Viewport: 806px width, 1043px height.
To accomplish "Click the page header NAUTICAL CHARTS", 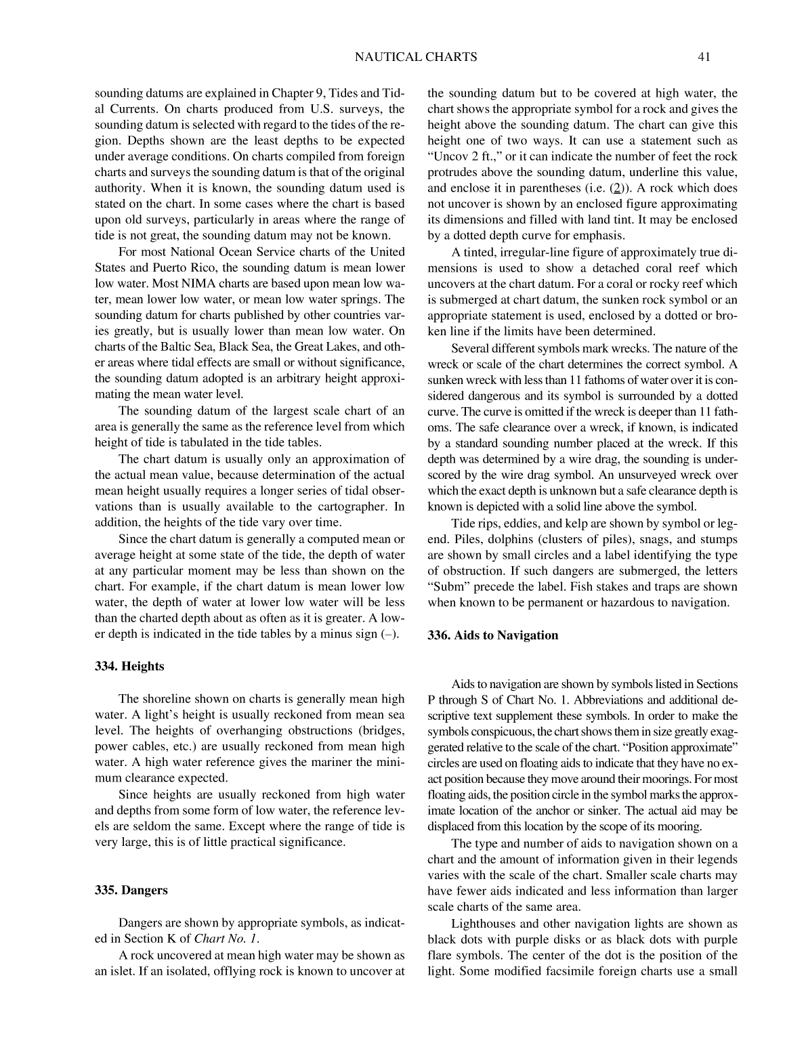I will pyautogui.click(x=416, y=57).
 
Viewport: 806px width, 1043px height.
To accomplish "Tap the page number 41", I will pyautogui.click(x=703, y=57).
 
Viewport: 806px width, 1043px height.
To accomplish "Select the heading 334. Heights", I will pyautogui.click(x=129, y=666).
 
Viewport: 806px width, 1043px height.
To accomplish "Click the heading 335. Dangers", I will pyautogui.click(x=131, y=890).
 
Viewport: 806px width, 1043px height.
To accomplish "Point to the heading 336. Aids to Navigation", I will pyautogui.click(x=493, y=635).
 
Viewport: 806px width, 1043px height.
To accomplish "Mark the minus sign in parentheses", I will pyautogui.click(x=389, y=635).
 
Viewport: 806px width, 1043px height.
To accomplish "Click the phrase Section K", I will pyautogui.click(x=160, y=939).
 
